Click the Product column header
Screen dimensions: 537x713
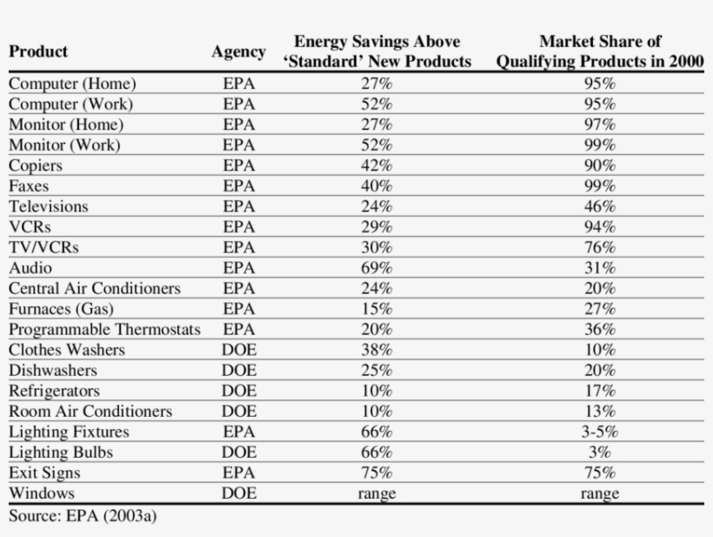click(38, 51)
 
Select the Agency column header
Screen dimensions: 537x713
click(238, 52)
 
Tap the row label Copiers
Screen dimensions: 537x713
click(36, 165)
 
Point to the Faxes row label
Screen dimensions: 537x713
click(29, 186)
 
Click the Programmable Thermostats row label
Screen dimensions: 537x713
click(104, 330)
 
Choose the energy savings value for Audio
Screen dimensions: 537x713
click(376, 268)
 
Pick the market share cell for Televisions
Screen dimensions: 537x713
click(599, 207)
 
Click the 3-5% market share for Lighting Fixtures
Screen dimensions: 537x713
click(599, 432)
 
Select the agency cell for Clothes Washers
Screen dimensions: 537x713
click(238, 350)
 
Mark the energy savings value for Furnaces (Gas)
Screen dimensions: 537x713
click(376, 309)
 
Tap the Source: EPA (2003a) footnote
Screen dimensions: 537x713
click(83, 515)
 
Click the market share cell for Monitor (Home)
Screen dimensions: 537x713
click(599, 124)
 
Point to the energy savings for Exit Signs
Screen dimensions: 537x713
click(376, 473)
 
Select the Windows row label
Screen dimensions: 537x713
click(42, 493)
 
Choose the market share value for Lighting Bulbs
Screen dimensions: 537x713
click(599, 453)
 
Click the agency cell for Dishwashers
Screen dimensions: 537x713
click(238, 371)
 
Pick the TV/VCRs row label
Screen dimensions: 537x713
click(43, 247)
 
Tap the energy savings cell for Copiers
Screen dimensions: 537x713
click(376, 165)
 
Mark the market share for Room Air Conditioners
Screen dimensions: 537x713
click(599, 412)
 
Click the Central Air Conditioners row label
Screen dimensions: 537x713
click(95, 288)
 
